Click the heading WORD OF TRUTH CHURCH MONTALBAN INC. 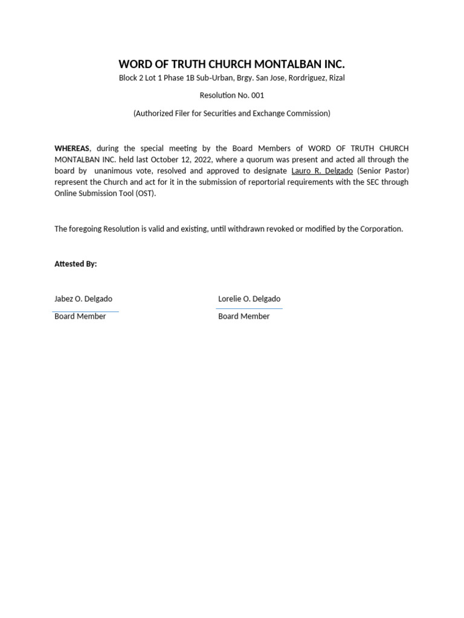[x=231, y=64]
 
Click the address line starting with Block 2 [x=231, y=78]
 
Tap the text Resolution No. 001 [x=231, y=95]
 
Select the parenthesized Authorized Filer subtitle [x=231, y=113]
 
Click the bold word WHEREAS [x=72, y=148]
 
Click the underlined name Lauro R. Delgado [x=321, y=171]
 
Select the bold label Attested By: [x=76, y=264]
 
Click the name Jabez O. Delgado [x=83, y=299]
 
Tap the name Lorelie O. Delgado [x=249, y=299]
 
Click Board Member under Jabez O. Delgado [x=80, y=316]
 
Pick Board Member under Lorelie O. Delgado [x=244, y=316]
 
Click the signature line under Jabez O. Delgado [x=86, y=311]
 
